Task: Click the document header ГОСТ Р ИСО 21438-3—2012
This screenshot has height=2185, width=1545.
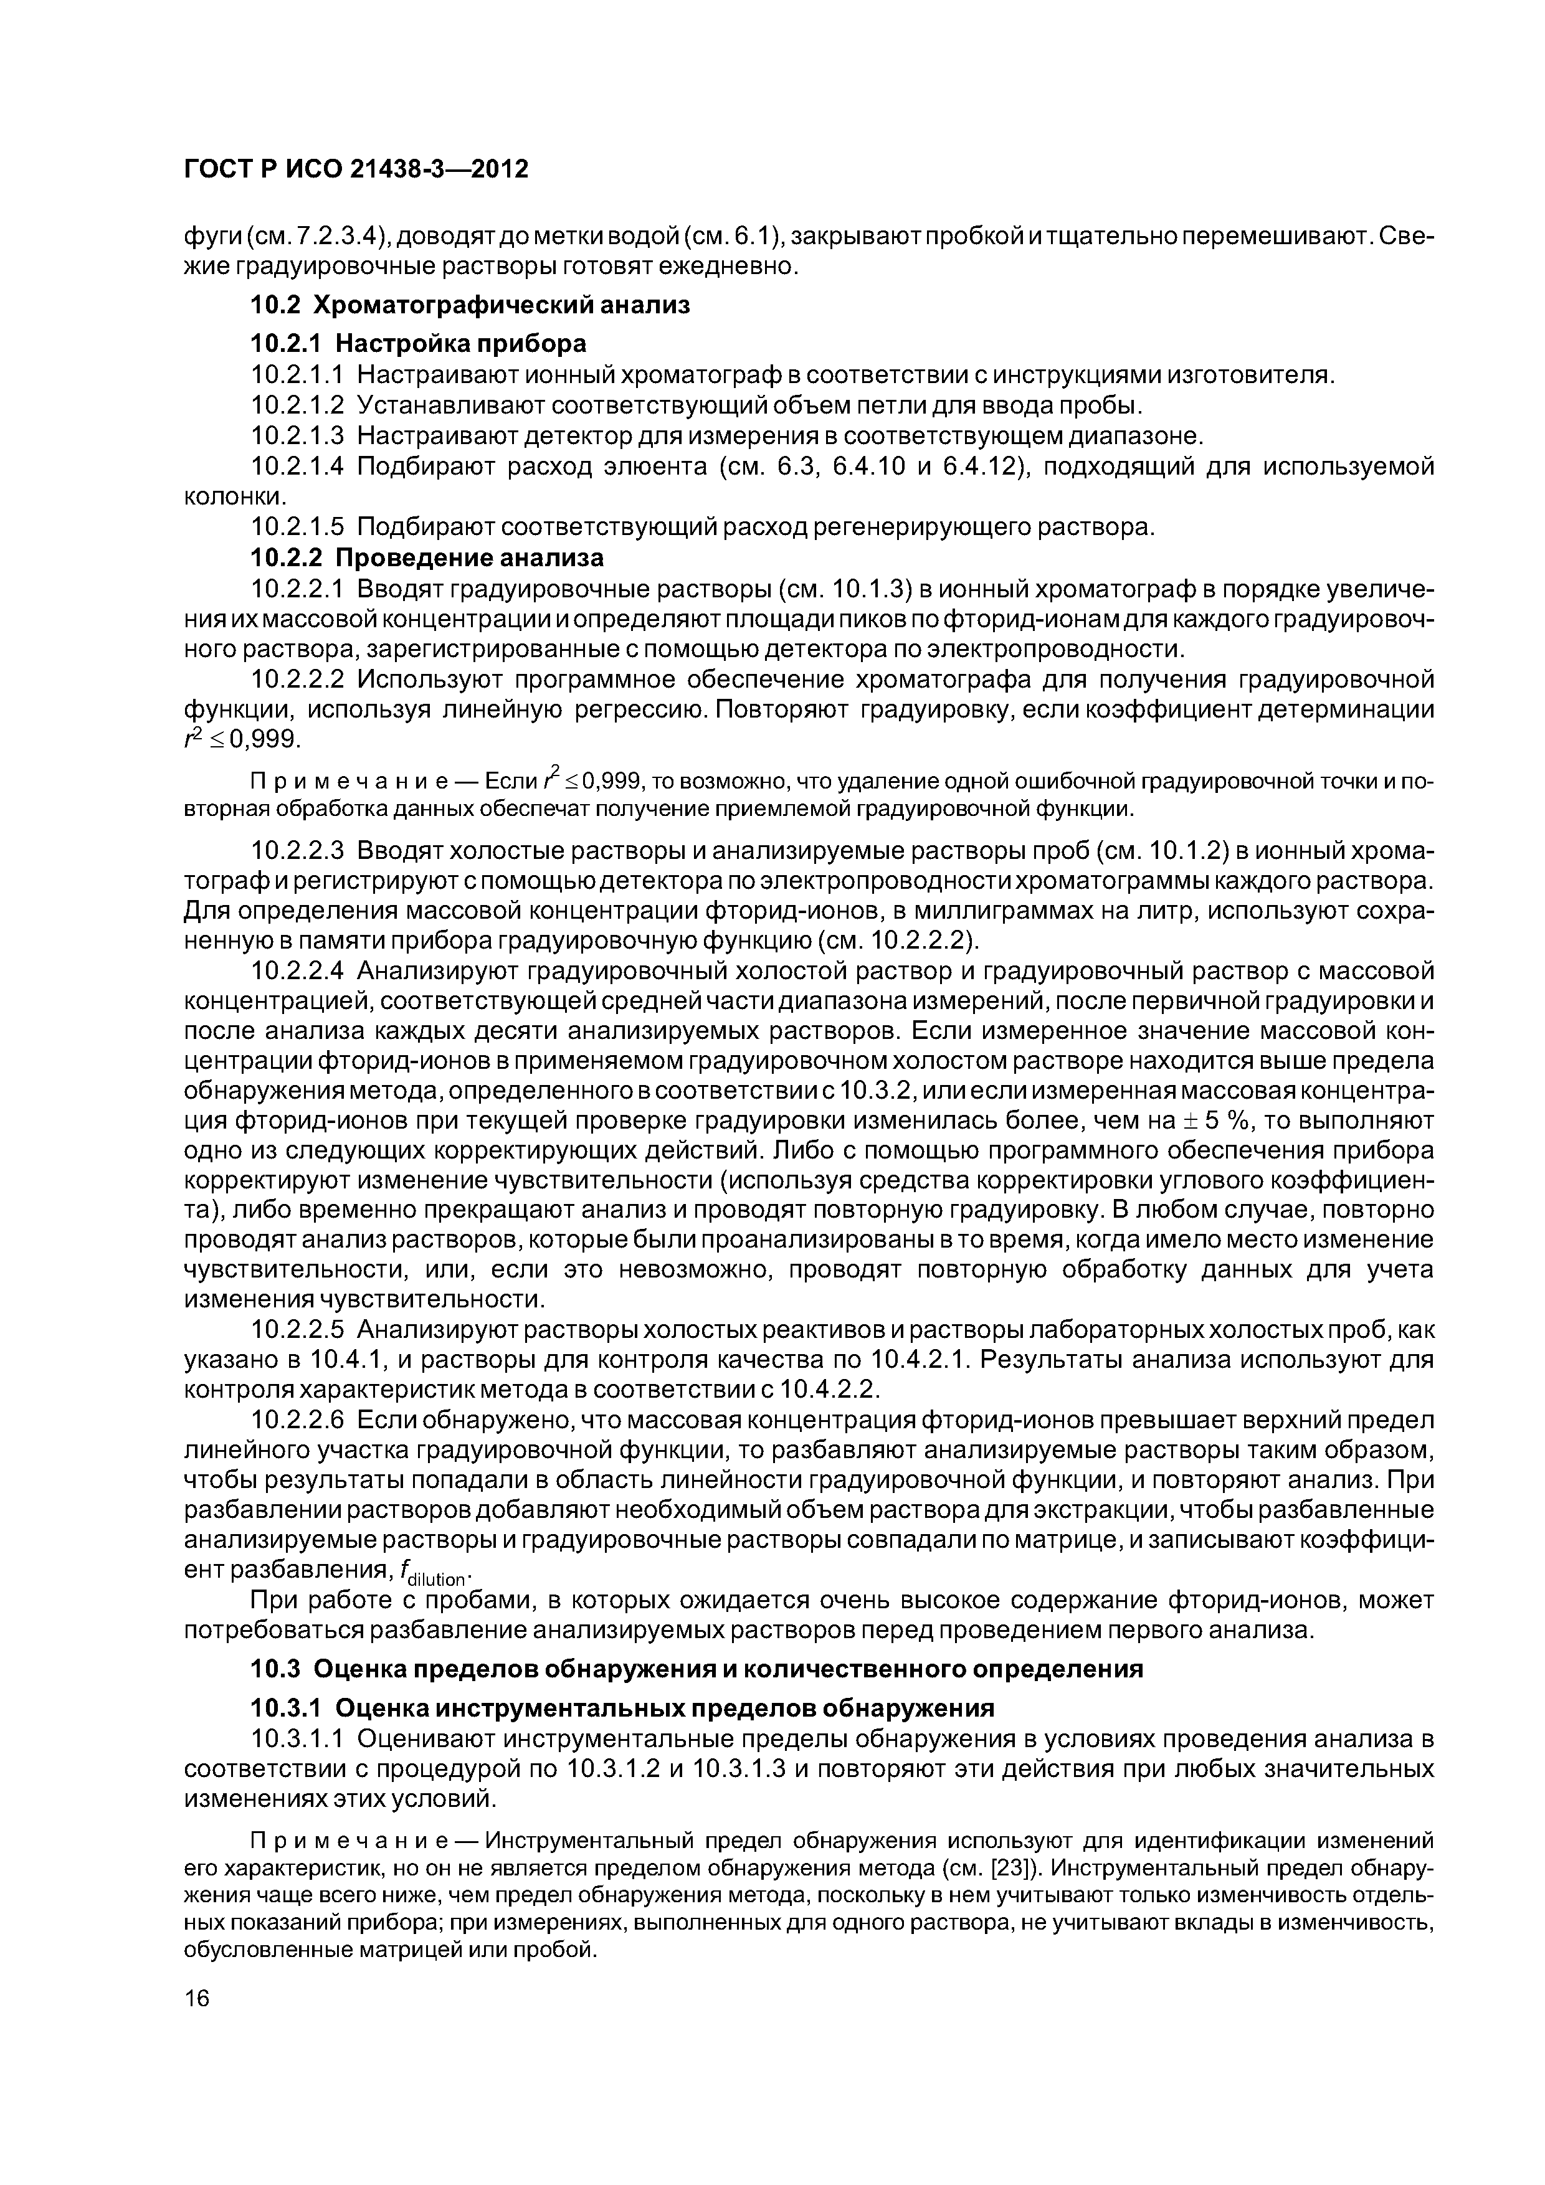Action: point(355,169)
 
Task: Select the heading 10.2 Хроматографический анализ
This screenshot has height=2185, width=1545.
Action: point(469,305)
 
